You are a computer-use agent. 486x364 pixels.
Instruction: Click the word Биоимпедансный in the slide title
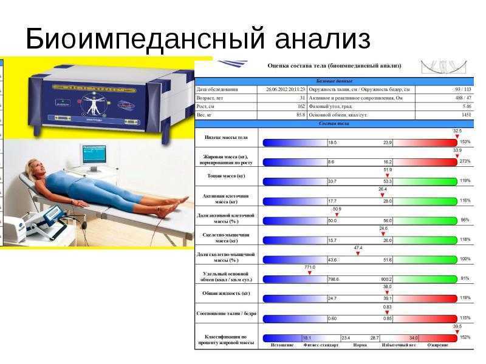143,39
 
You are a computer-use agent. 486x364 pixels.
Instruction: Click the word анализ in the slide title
322,39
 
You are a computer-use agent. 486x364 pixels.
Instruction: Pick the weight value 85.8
300,115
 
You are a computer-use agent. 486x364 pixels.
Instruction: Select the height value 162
301,106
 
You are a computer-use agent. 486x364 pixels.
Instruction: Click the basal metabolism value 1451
466,115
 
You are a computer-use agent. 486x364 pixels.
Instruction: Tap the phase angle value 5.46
467,106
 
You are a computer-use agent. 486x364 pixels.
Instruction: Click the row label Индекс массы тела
225,138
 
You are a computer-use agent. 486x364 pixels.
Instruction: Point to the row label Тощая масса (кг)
225,176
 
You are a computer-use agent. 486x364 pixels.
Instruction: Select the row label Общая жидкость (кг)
225,294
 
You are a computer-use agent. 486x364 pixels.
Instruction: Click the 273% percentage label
465,162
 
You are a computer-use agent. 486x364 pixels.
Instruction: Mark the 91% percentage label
466,279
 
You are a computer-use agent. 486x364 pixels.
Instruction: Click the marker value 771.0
310,266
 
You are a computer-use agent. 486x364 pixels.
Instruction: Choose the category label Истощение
281,345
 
